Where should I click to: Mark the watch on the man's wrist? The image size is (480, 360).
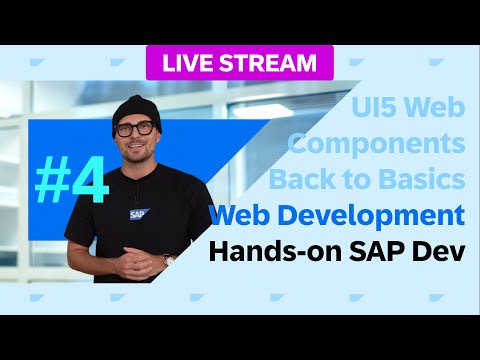168,259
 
